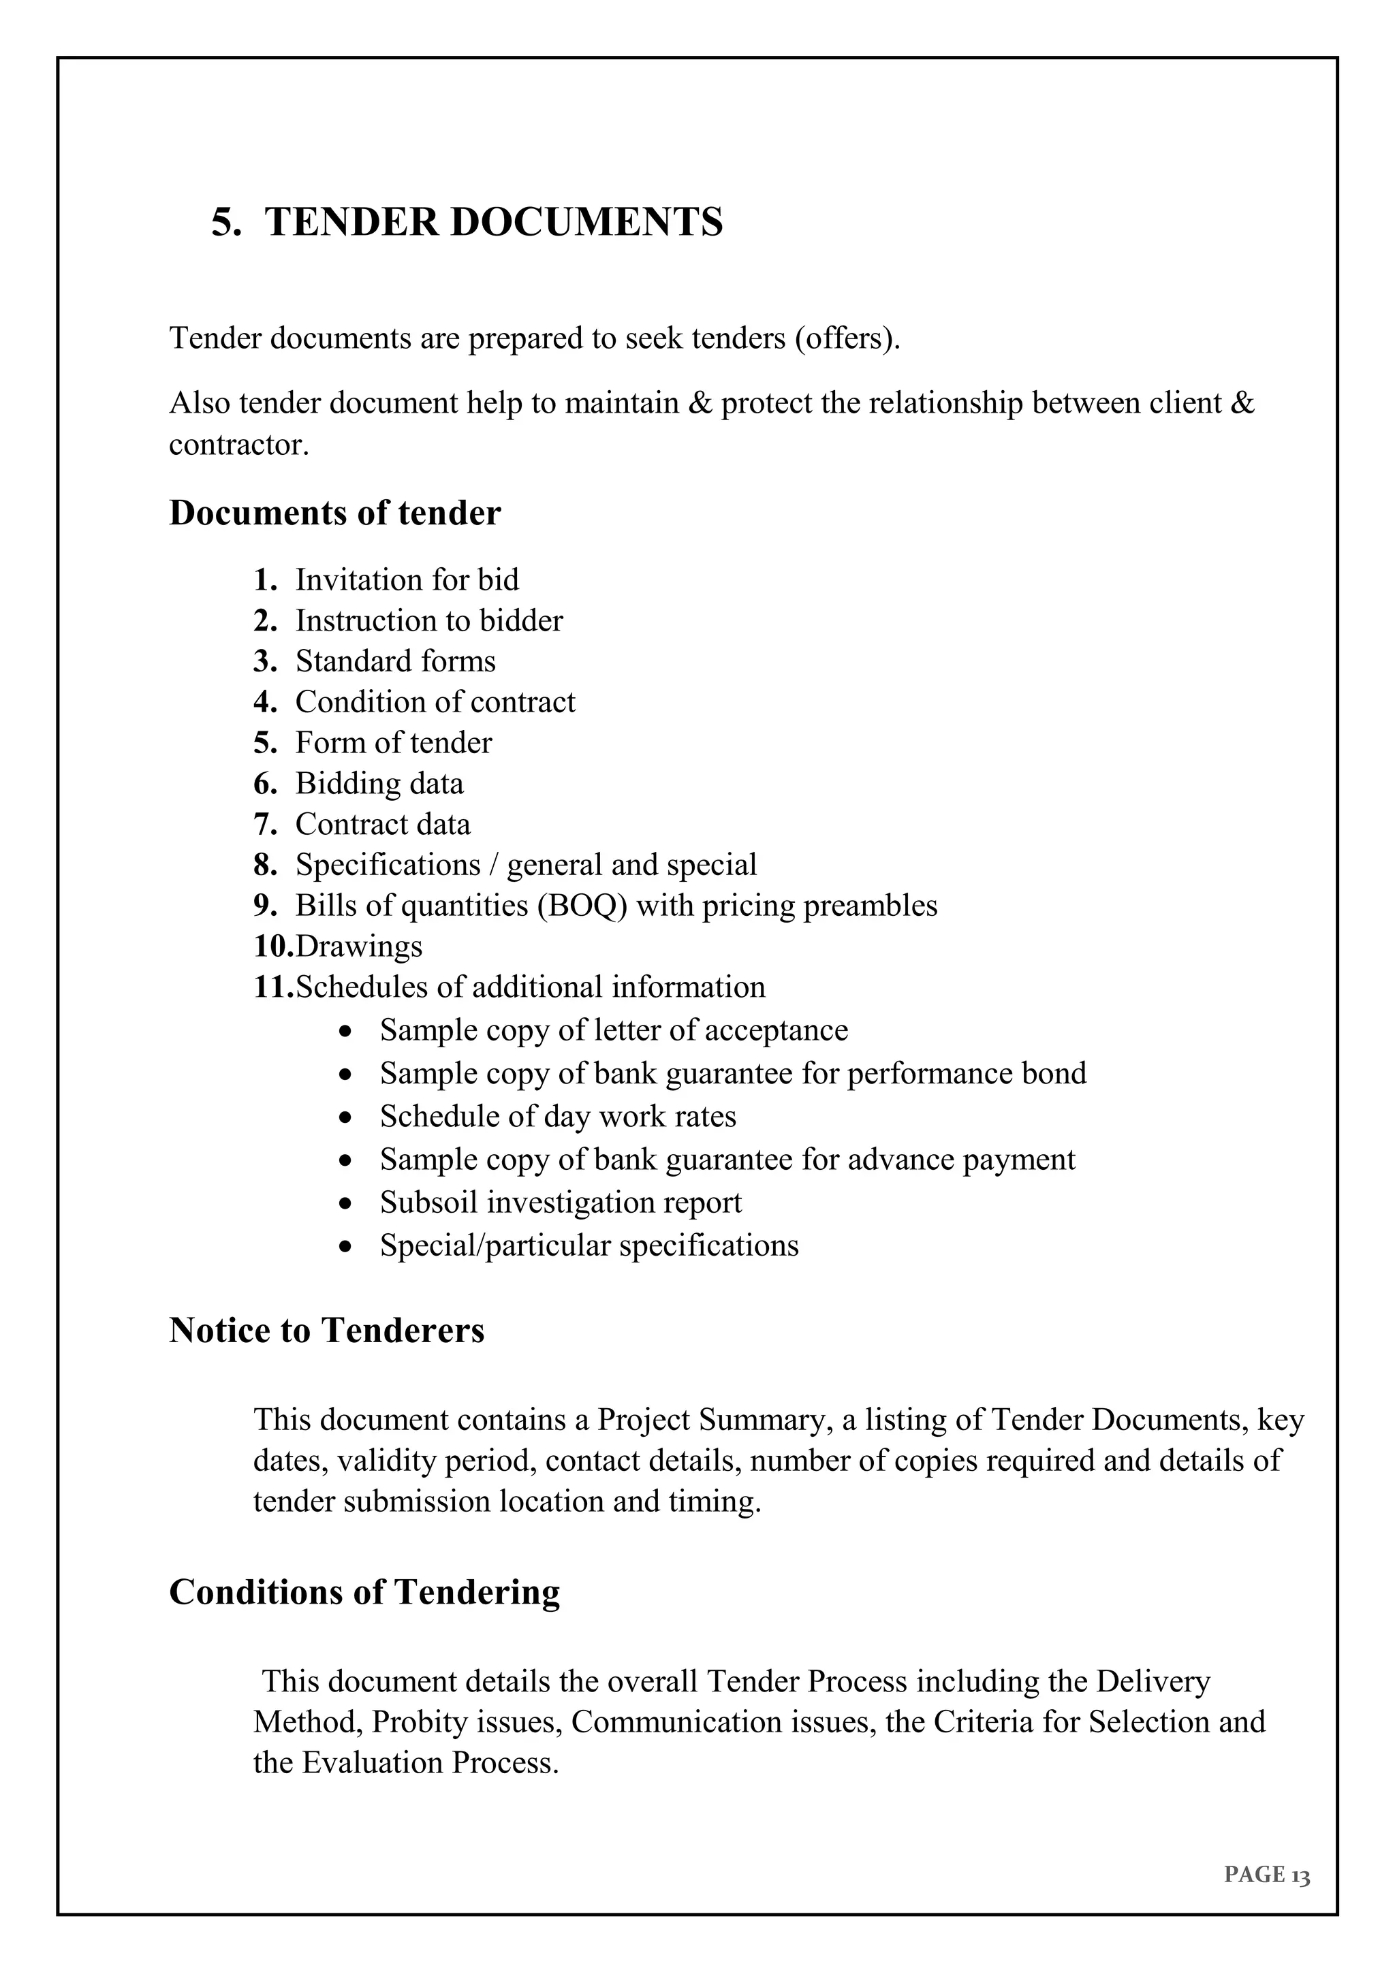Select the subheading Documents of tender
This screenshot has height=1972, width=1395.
(x=335, y=513)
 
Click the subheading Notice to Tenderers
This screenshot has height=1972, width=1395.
(x=326, y=1331)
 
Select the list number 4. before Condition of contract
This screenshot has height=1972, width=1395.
(x=264, y=702)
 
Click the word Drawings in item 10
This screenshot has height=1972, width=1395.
(x=359, y=946)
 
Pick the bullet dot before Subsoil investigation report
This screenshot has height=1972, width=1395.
(x=345, y=1204)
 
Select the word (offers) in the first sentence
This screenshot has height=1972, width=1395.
(x=846, y=338)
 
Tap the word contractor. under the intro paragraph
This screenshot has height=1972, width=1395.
(x=239, y=445)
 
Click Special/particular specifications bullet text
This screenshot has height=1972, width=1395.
(x=589, y=1245)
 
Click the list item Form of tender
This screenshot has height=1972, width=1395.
(x=394, y=743)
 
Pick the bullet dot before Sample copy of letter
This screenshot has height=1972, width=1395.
(x=345, y=1032)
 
